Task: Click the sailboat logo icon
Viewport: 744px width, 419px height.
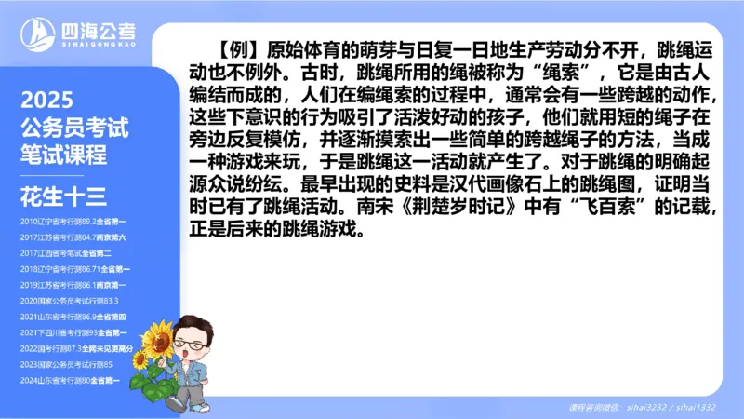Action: click(x=40, y=35)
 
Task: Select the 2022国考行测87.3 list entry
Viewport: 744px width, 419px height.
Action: click(x=74, y=347)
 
